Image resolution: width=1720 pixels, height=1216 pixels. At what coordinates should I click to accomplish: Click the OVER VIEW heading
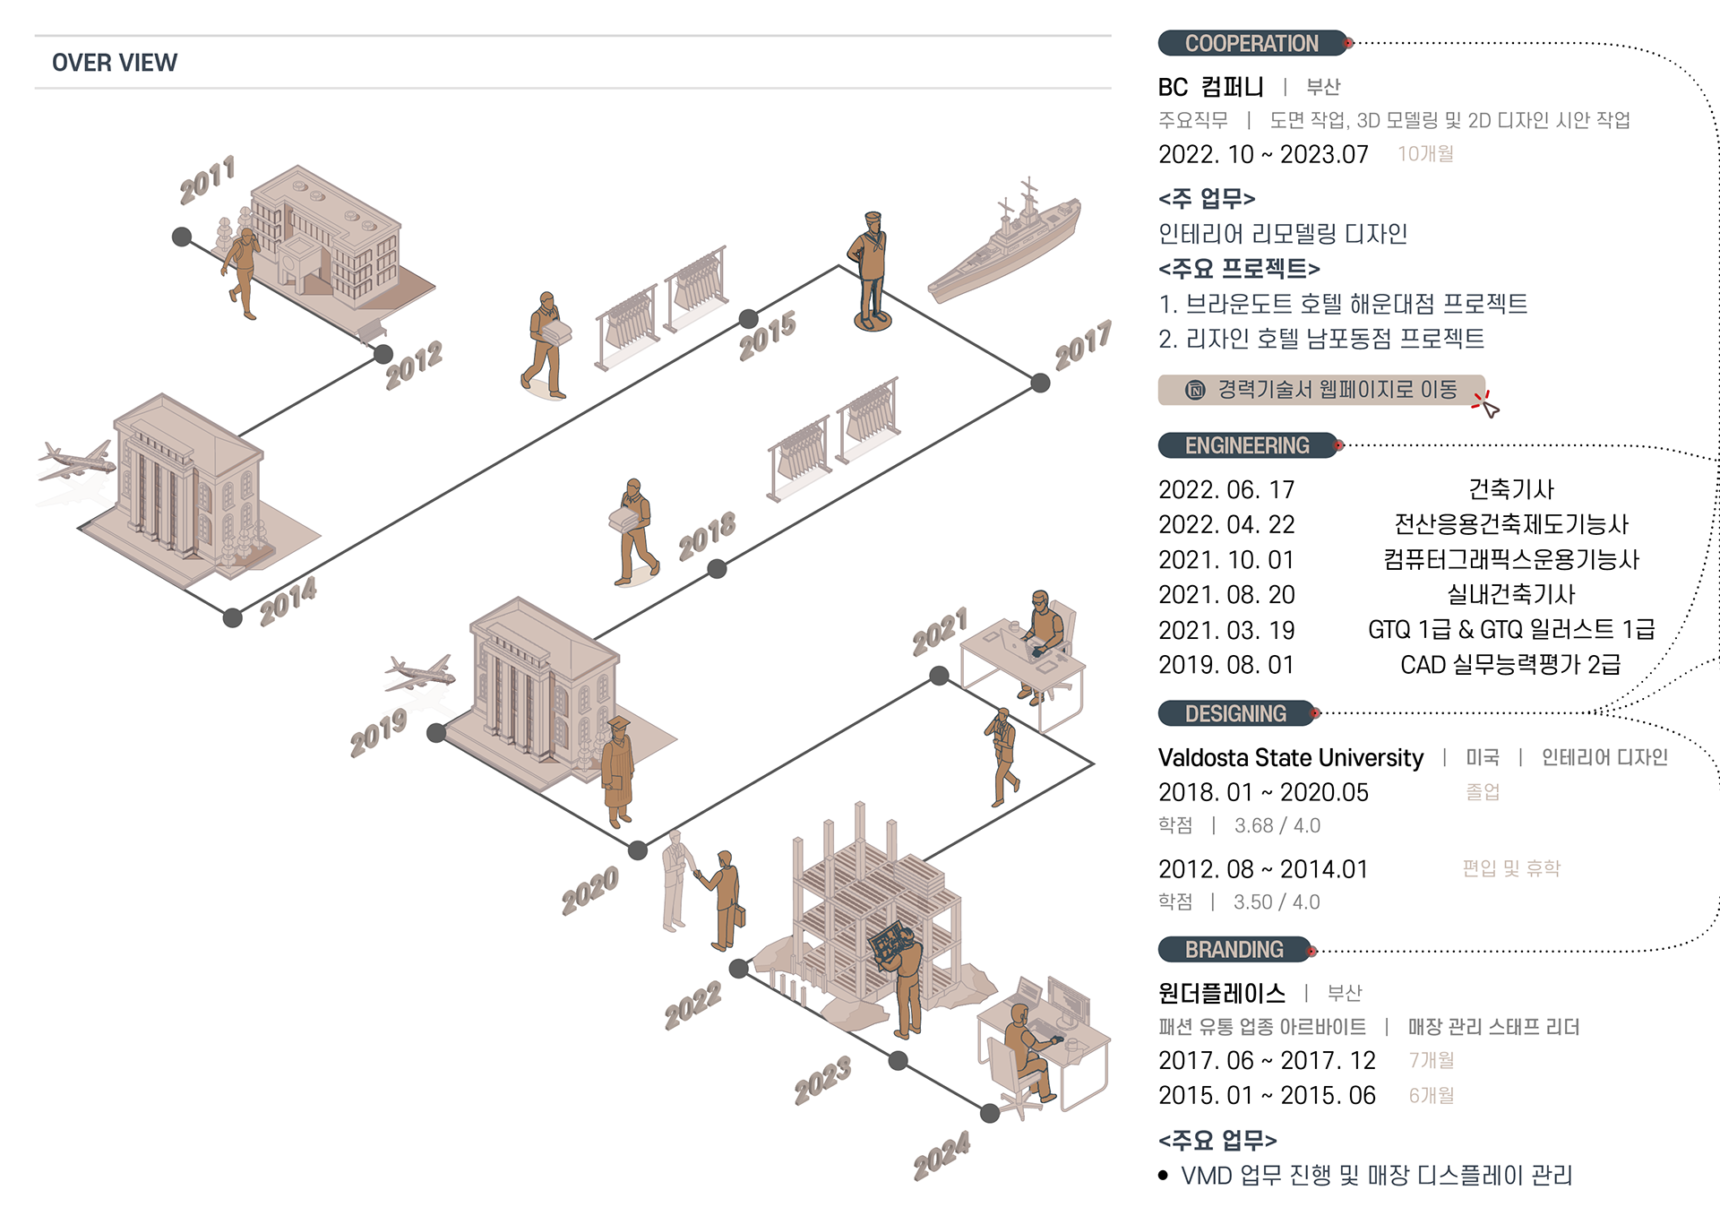[x=115, y=63]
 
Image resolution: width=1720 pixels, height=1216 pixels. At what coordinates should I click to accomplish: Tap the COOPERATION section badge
[x=1252, y=43]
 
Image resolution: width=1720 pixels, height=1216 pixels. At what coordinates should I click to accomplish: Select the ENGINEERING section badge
[x=1247, y=445]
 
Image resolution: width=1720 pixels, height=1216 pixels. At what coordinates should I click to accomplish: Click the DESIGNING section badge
[x=1236, y=713]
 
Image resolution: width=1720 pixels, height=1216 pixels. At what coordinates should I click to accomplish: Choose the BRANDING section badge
[x=1234, y=949]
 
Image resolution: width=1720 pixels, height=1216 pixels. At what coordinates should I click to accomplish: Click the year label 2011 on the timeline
[x=207, y=179]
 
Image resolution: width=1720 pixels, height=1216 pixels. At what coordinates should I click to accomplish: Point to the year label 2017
[x=1083, y=345]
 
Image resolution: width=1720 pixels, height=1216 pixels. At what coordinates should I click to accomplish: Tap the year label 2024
[x=942, y=1155]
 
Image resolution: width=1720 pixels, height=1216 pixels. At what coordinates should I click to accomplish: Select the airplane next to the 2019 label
[x=420, y=673]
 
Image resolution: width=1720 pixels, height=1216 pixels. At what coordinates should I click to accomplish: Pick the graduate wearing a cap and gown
[x=617, y=772]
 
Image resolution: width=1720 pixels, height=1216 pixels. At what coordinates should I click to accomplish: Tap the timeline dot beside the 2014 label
[x=233, y=617]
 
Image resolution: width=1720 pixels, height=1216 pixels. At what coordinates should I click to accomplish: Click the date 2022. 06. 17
[x=1226, y=490]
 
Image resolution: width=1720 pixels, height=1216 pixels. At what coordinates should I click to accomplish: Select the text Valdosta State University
[x=1291, y=758]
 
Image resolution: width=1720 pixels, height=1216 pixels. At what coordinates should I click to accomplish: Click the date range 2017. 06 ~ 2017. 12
[x=1267, y=1061]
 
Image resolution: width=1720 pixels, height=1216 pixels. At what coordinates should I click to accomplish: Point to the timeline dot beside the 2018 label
[x=717, y=569]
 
